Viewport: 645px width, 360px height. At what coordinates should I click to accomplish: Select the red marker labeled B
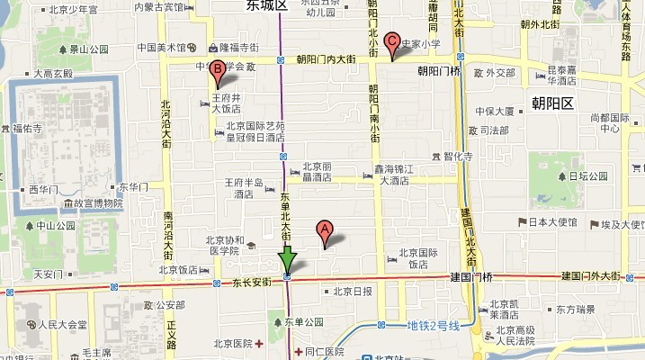tap(217, 70)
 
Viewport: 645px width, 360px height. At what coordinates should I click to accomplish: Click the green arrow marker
tap(287, 261)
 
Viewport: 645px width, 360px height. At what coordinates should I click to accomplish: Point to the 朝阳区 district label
tap(551, 103)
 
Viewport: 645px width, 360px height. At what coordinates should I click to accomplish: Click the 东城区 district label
tap(267, 6)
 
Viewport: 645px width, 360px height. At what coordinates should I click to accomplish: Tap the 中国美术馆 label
tap(161, 47)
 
